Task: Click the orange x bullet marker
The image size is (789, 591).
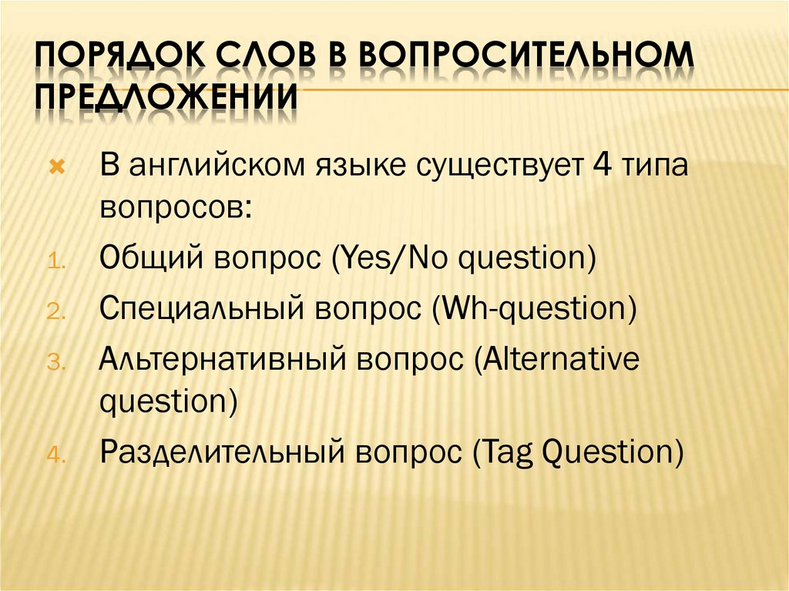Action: (55, 168)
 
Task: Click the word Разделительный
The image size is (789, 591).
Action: (221, 451)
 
